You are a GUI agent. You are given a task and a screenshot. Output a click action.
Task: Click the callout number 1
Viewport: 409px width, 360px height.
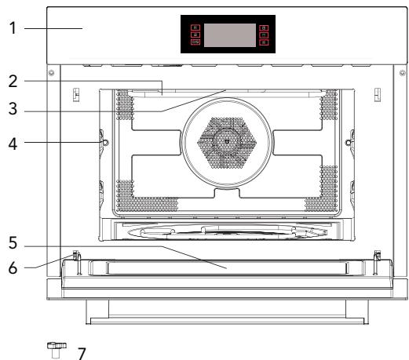click(13, 28)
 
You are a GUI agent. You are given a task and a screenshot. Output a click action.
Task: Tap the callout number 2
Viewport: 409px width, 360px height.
click(13, 82)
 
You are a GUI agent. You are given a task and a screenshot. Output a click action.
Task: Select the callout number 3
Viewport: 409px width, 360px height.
click(13, 109)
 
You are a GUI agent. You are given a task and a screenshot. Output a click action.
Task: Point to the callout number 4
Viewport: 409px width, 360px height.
click(13, 144)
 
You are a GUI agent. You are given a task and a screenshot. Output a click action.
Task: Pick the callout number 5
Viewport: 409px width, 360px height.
click(13, 243)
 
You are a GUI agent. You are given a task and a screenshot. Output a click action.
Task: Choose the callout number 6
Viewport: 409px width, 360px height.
click(13, 268)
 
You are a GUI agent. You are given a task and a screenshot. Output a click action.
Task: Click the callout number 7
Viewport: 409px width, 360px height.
click(82, 354)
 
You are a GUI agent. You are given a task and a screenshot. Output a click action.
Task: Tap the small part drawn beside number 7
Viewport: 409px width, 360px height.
click(57, 350)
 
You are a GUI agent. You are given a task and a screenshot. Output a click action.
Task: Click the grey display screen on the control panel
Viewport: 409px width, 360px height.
click(230, 35)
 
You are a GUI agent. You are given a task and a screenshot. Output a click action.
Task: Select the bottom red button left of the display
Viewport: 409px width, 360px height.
click(195, 42)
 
